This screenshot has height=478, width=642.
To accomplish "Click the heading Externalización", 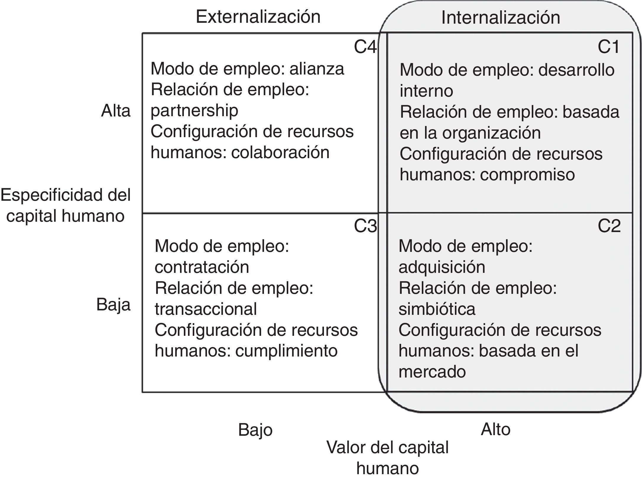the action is (258, 17).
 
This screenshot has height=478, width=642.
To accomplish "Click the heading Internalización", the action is (500, 17).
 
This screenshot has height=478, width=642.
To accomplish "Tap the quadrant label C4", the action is (365, 47).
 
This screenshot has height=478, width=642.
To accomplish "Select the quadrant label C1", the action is (608, 47).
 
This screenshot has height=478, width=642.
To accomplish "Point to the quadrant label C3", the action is (365, 226).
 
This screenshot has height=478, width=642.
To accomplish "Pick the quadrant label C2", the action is (609, 226).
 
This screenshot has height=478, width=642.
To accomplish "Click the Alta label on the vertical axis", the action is (116, 111).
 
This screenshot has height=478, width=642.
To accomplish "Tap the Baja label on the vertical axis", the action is (113, 304).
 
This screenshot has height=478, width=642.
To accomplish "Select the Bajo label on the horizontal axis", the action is (255, 430).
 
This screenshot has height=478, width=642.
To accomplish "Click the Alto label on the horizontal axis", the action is (495, 429).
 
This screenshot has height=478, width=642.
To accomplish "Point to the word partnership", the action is (194, 111).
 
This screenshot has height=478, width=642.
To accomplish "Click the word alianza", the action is (317, 69).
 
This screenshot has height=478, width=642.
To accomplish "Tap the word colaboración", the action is (280, 153).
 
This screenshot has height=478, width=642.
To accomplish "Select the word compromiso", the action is (527, 174).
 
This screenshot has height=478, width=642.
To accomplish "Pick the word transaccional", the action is (206, 309).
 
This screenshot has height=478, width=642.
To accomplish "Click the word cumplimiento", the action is (286, 351).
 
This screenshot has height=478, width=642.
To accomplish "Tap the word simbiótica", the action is (437, 309).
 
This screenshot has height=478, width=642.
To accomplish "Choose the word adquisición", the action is (442, 267).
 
